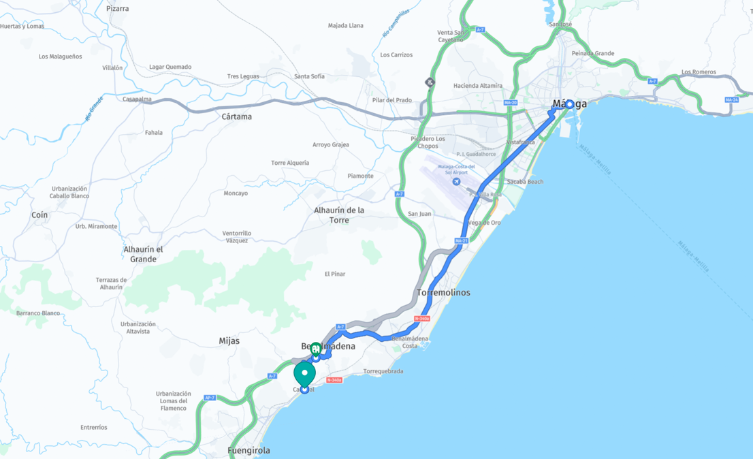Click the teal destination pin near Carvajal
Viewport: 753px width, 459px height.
304,374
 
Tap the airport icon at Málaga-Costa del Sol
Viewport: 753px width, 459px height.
456,182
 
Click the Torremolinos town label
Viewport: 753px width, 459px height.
443,293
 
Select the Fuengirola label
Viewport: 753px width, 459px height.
249,451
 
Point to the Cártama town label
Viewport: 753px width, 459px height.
237,116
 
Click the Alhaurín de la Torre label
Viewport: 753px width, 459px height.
339,215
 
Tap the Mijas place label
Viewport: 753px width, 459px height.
229,341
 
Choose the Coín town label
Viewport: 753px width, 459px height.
39,215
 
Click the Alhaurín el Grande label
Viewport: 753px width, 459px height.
143,254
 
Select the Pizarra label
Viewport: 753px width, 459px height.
118,9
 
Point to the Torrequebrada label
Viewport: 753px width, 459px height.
383,372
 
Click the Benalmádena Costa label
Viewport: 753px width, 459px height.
410,342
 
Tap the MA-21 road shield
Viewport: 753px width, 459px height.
461,241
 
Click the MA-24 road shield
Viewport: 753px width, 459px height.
732,100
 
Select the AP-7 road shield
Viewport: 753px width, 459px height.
210,398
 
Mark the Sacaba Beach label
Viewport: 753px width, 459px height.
525,182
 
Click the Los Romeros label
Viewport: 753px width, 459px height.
699,72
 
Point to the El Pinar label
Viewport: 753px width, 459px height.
335,274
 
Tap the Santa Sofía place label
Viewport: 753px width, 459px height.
309,76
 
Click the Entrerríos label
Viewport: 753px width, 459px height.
93,428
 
